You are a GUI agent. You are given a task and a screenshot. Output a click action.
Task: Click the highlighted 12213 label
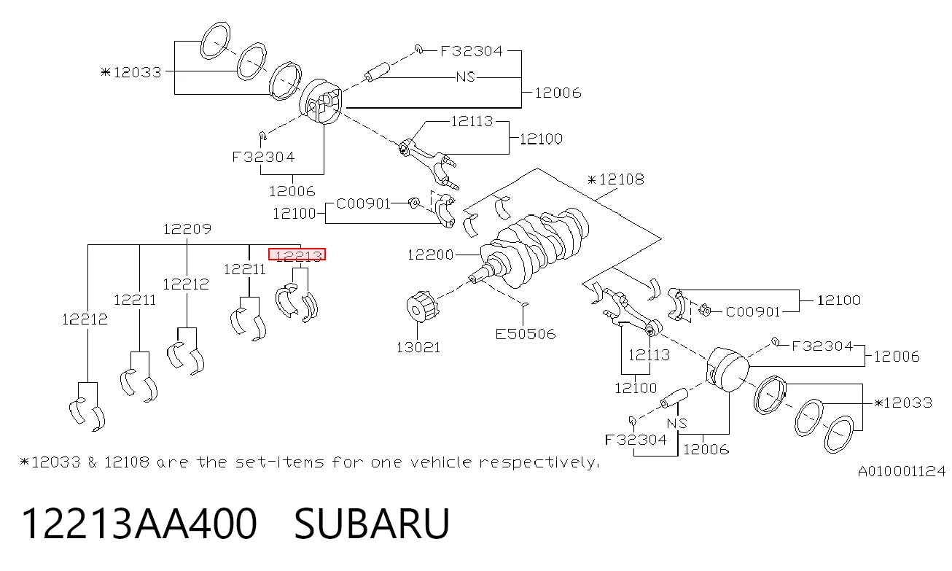click(x=297, y=255)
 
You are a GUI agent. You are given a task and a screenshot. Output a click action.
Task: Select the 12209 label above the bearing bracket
click(x=187, y=229)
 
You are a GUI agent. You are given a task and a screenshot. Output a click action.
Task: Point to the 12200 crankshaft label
click(x=431, y=255)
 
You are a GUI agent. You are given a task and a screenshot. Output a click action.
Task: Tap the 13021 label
click(x=418, y=347)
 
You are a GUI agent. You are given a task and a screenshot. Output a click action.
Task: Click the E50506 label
click(x=526, y=334)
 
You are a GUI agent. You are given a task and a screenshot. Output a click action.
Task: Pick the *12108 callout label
click(x=616, y=179)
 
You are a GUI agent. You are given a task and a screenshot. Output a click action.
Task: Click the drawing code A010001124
click(x=902, y=471)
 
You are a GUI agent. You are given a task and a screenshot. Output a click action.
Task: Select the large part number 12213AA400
click(x=139, y=524)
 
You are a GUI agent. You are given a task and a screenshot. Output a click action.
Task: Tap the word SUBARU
click(x=372, y=524)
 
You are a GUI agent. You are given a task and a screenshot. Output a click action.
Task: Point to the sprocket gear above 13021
click(x=421, y=306)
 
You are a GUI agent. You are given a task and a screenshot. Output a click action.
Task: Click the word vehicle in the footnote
click(x=441, y=462)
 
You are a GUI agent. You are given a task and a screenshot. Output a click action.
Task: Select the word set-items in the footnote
click(x=279, y=462)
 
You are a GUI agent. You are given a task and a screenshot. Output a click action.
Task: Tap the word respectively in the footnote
click(x=539, y=462)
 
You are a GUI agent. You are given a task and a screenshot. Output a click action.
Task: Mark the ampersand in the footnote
click(x=93, y=462)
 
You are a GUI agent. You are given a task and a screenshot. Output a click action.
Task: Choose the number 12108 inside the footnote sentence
click(x=127, y=462)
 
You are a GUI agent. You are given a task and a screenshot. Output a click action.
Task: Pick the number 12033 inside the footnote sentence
click(x=56, y=462)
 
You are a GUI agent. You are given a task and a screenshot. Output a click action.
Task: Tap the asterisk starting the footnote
click(x=25, y=462)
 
